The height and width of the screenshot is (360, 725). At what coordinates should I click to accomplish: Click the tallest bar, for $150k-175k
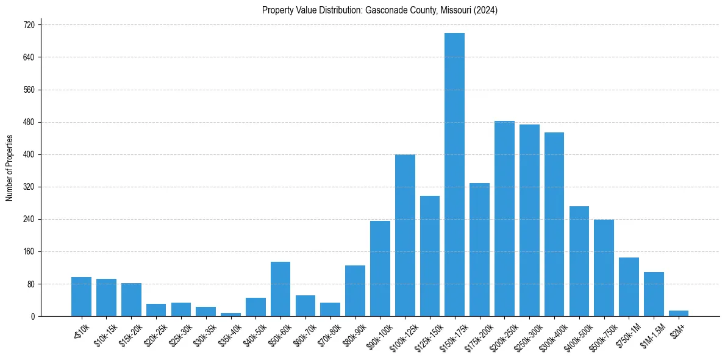[x=454, y=175]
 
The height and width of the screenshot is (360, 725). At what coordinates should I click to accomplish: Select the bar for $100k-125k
[x=405, y=236]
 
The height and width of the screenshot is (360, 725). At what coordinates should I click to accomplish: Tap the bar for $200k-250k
[x=504, y=218]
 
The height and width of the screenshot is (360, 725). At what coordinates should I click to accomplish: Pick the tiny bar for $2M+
[x=679, y=314]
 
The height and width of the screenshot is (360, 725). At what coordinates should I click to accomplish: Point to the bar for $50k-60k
[x=280, y=289]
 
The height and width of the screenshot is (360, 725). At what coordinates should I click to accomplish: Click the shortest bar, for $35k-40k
[x=230, y=315]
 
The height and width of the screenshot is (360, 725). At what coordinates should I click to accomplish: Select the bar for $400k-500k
[x=579, y=261]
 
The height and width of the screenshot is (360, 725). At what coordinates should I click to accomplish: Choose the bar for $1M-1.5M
[x=654, y=294]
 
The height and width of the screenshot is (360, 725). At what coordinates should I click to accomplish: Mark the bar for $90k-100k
[x=380, y=268]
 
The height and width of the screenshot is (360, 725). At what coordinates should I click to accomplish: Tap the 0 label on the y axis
[x=34, y=317]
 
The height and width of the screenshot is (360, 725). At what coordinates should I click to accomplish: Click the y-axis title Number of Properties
[x=10, y=168]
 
